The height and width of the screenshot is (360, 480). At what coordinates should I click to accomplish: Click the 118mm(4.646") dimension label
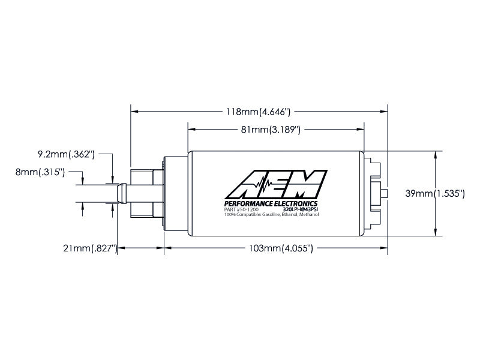pyautogui.click(x=258, y=112)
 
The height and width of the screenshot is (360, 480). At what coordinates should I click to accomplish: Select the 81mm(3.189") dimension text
pyautogui.click(x=271, y=130)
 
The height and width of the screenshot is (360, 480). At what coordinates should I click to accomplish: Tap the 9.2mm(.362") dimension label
pyautogui.click(x=66, y=154)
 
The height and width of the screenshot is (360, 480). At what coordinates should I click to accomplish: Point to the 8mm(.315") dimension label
pyautogui.click(x=40, y=172)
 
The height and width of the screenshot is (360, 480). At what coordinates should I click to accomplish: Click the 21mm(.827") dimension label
pyautogui.click(x=91, y=248)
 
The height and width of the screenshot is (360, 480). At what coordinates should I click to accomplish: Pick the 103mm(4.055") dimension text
pyautogui.click(x=281, y=248)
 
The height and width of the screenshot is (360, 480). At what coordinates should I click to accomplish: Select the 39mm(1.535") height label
pyautogui.click(x=435, y=193)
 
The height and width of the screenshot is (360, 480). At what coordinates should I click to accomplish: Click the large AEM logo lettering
pyautogui.click(x=276, y=185)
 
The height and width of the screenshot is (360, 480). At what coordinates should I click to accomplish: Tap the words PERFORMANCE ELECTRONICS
pyautogui.click(x=271, y=204)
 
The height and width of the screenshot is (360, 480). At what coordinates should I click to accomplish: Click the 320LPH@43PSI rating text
pyautogui.click(x=301, y=210)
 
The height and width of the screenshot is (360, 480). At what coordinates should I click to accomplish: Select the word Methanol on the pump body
pyautogui.click(x=309, y=215)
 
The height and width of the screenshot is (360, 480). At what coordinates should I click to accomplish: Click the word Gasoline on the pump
pyautogui.click(x=271, y=215)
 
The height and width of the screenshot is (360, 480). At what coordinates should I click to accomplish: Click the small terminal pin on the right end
pyautogui.click(x=384, y=193)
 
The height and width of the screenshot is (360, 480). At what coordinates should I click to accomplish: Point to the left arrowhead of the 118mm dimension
pyautogui.click(x=134, y=112)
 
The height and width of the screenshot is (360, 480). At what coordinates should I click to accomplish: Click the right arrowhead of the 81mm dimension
pyautogui.click(x=361, y=130)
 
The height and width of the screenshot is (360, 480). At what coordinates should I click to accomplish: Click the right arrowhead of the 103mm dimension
pyautogui.click(x=384, y=248)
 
